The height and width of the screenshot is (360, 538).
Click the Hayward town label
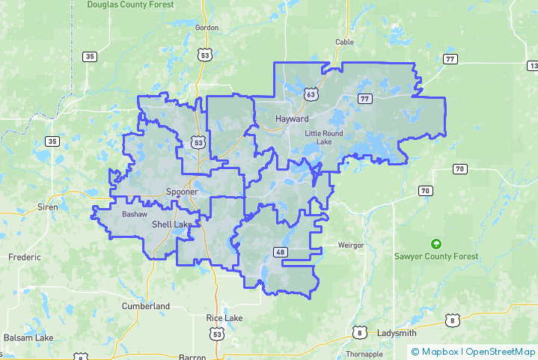292,119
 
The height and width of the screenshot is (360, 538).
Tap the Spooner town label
182,192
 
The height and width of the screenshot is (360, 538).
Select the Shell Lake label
171,225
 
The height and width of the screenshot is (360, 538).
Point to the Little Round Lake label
324,137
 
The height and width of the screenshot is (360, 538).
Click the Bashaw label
135,214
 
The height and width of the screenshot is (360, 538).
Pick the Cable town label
344,42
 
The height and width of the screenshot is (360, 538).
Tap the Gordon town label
207,28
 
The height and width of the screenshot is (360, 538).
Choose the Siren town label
48,207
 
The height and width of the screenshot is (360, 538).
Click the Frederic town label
25,257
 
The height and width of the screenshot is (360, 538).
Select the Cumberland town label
146,306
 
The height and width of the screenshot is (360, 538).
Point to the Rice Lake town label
224,318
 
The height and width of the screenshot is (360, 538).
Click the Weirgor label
350,245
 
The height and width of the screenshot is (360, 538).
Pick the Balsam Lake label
28,338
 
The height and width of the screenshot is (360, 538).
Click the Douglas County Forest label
130,4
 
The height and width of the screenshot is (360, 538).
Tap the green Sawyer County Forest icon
436,243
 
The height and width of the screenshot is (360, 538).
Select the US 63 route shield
311,94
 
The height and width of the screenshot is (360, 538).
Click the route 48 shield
281,252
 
